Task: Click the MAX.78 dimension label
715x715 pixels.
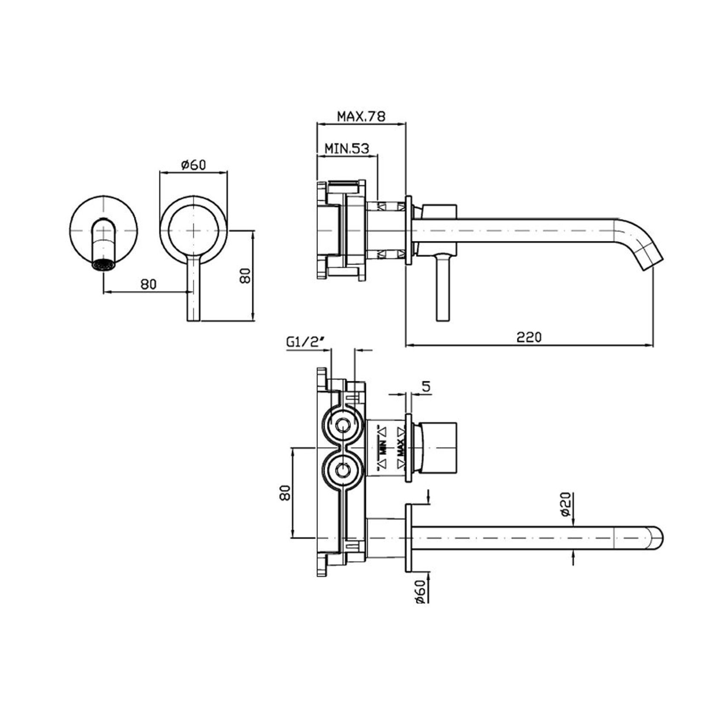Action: click(x=361, y=116)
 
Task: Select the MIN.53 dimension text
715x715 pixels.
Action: click(x=346, y=148)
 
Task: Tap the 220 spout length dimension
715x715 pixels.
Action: click(x=529, y=337)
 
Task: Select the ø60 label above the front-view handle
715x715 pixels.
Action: click(x=194, y=164)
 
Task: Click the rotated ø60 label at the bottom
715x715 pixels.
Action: click(x=419, y=591)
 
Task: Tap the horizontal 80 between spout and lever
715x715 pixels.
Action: click(x=148, y=284)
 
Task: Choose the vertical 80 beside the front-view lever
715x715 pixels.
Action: click(x=244, y=276)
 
